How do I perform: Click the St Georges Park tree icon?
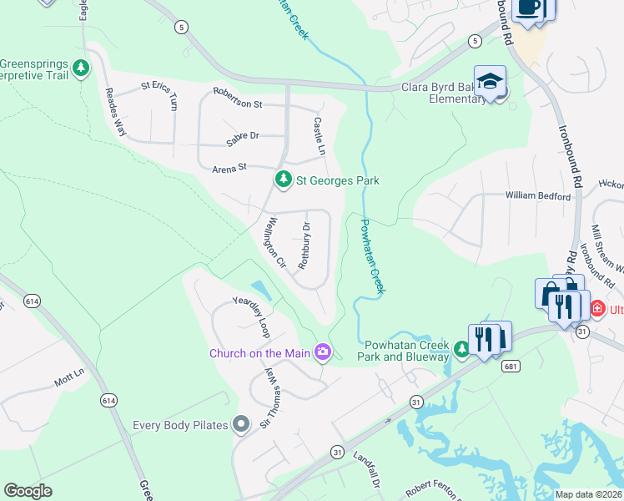click(284, 180)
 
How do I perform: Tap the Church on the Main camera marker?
click(323, 352)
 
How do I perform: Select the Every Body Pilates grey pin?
click(242, 425)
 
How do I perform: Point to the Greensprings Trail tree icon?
click(81, 68)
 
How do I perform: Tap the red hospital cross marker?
click(596, 309)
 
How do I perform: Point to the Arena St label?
click(231, 168)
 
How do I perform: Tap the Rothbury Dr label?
click(304, 248)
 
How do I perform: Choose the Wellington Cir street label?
click(275, 243)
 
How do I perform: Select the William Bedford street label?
click(538, 195)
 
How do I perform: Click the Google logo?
click(28, 491)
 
